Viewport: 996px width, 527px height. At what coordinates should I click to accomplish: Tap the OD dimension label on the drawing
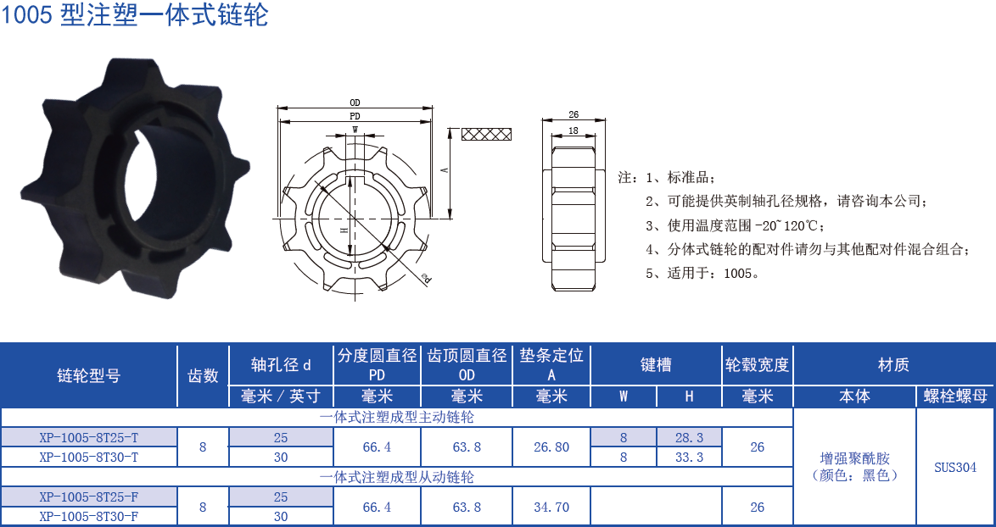[355, 103]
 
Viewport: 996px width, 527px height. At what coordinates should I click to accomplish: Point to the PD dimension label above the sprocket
[355, 116]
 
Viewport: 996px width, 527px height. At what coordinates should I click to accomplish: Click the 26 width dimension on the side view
[574, 114]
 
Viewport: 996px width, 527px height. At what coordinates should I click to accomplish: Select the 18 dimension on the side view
[574, 130]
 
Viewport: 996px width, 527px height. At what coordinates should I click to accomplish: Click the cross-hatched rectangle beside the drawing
[487, 134]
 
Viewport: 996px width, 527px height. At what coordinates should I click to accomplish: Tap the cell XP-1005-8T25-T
[89, 438]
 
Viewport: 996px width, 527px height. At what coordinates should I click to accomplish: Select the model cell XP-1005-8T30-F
[89, 516]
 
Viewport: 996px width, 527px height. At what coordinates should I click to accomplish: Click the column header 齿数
[203, 375]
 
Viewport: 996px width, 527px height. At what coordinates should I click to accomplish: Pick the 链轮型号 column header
[89, 375]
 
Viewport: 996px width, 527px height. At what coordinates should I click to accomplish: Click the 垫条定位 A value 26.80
[551, 447]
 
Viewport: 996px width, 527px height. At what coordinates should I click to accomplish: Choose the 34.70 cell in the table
[551, 507]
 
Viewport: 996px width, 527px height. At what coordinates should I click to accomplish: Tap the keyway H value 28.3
[688, 438]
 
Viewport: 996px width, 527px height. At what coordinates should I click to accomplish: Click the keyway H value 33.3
[688, 458]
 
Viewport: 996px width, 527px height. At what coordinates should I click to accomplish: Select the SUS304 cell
[955, 467]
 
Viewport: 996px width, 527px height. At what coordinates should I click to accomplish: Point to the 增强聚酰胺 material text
[854, 458]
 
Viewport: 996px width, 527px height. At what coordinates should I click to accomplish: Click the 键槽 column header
[656, 365]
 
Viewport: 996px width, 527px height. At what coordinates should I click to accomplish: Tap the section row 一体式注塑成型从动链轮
[396, 477]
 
